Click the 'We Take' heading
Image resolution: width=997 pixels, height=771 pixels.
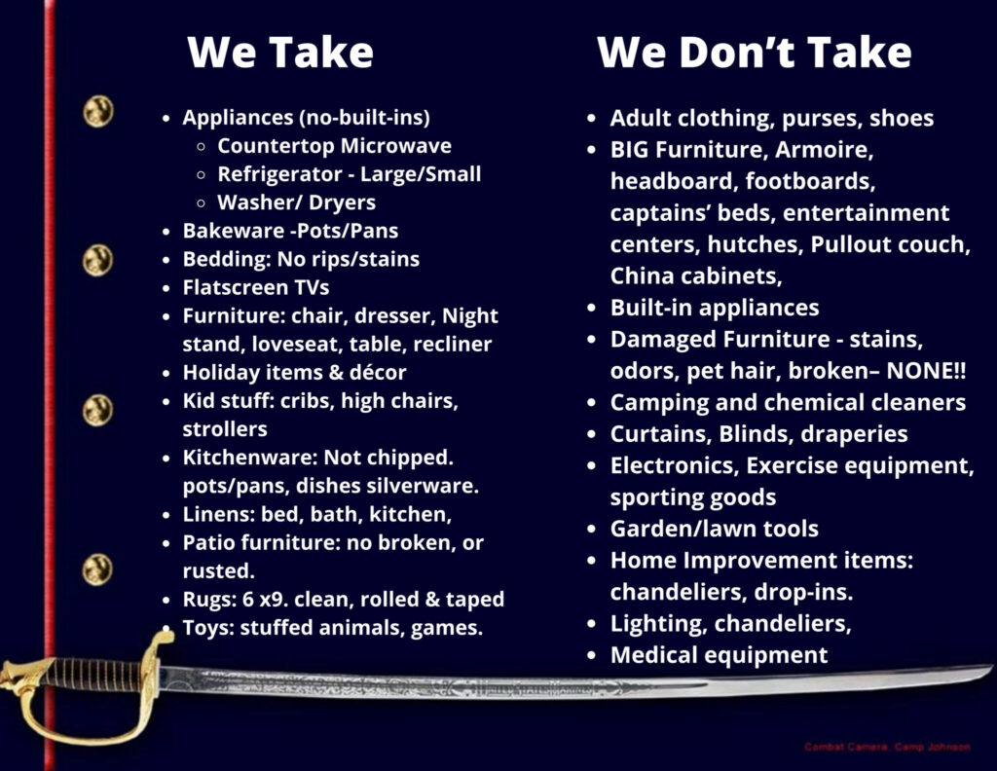point(280,52)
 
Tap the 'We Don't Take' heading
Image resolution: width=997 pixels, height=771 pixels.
point(755,52)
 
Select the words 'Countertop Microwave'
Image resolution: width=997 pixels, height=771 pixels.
point(335,146)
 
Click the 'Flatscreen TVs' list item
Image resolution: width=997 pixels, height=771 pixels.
point(256,287)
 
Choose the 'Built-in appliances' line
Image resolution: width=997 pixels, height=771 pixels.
point(714,308)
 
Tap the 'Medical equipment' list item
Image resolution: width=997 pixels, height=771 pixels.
point(719,655)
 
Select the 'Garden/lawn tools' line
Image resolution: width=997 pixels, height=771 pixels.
point(714,529)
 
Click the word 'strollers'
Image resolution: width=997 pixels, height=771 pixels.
point(225,429)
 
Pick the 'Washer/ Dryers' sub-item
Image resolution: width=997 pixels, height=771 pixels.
point(296,202)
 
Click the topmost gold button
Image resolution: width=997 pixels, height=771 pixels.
point(98,111)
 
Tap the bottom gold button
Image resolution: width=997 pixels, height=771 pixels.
point(97,569)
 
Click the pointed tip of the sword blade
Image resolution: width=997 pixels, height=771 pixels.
point(992,666)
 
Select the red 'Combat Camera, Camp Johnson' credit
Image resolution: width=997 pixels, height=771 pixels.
point(887,747)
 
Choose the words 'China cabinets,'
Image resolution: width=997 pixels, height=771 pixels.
point(696,275)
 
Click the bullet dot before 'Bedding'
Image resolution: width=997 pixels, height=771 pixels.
point(166,260)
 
